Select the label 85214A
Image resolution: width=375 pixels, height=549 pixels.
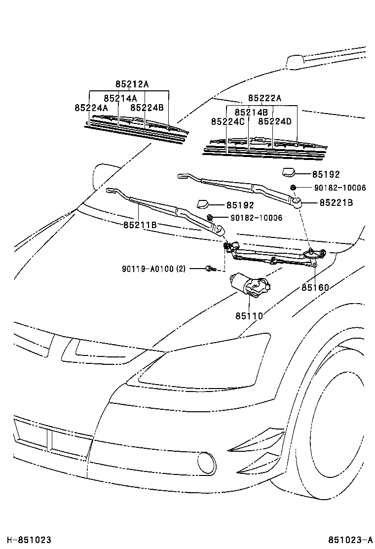point(120,98)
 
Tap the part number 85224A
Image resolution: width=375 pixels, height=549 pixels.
point(91,107)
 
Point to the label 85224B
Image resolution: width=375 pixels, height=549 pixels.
point(147,107)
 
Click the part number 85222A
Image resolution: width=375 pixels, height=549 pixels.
point(264,98)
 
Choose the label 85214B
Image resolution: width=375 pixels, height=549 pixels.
point(251,112)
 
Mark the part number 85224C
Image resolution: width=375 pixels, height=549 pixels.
point(228,121)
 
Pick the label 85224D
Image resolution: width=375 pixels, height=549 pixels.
point(275,121)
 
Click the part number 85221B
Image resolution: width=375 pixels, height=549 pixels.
point(336,202)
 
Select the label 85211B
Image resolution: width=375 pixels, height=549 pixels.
point(140,225)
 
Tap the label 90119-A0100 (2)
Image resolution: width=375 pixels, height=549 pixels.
point(154,269)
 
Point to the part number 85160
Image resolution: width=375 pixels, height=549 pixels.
point(315,287)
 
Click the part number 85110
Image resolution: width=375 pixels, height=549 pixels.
point(249,315)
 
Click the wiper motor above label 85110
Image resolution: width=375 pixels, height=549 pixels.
point(250,285)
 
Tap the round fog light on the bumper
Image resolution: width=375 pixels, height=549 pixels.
point(206,463)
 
